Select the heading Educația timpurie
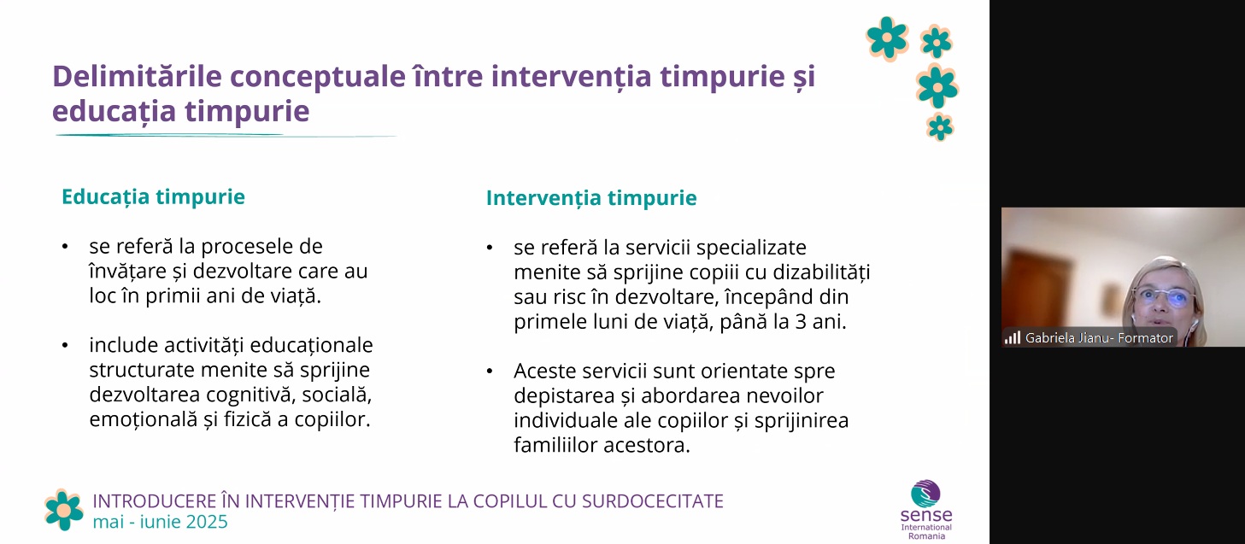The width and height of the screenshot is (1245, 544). pos(154,197)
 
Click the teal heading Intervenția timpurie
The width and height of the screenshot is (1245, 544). pos(591,198)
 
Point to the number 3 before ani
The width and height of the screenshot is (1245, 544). pos(801,322)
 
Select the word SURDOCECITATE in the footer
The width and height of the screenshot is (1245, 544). pos(653,501)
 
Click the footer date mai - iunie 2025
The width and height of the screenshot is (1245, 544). pos(160,522)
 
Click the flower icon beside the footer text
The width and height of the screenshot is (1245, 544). pos(64,510)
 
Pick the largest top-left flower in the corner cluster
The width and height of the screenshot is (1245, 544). pos(887,38)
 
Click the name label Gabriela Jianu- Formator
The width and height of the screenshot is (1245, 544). pos(1099,338)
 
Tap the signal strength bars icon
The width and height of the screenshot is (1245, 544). pos(1012,337)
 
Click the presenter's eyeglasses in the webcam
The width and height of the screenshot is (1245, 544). pos(1162,298)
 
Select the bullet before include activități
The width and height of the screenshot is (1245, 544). pos(65,345)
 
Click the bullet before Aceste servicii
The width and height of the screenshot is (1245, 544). pos(490,371)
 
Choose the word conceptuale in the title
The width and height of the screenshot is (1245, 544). pos(318,77)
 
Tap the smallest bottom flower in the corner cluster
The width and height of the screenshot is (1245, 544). pos(940,126)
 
